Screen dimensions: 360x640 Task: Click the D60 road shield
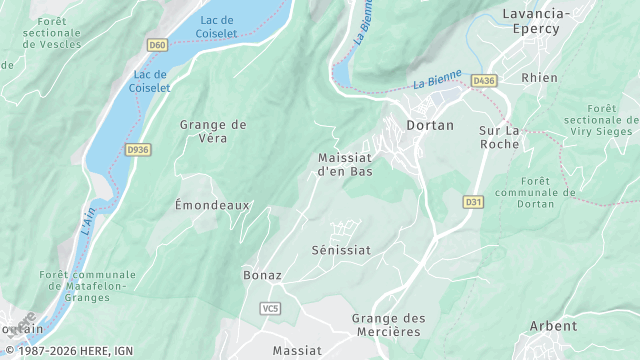(157, 45)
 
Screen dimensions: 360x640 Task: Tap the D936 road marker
(137, 150)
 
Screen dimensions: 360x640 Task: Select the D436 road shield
(484, 80)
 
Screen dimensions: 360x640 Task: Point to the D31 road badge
(473, 202)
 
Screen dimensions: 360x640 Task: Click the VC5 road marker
(270, 308)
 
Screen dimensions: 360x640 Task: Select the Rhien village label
(539, 77)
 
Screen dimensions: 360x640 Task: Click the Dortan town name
(430, 125)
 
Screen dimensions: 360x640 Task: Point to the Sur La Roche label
(499, 137)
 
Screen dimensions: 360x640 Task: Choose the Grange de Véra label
(213, 131)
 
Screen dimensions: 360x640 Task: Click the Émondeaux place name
(212, 204)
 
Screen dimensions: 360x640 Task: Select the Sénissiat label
(341, 249)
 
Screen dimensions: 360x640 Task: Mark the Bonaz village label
(262, 274)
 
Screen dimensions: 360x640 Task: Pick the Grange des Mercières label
(388, 325)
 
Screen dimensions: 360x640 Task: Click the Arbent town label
(553, 326)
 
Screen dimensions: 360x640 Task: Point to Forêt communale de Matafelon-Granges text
(87, 287)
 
